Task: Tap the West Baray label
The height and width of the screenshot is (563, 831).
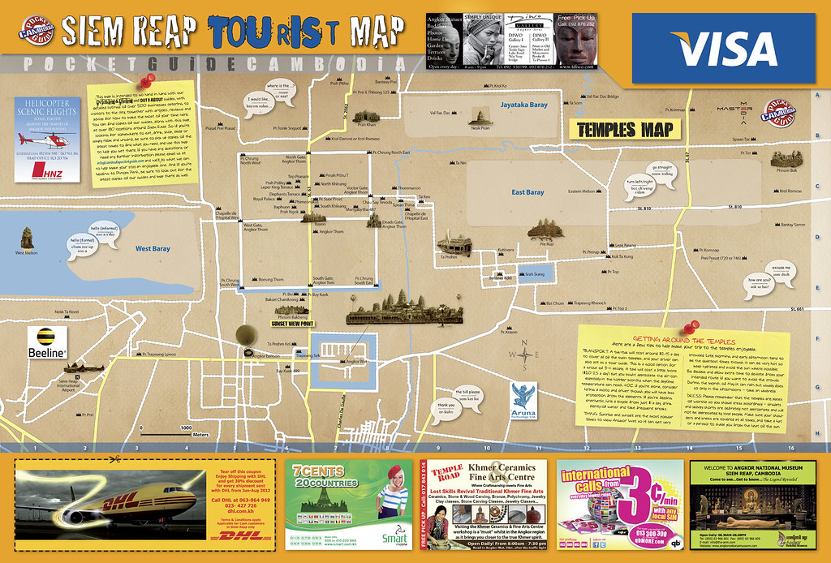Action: coord(153,248)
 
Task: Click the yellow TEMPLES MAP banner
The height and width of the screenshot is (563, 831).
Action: coord(622,129)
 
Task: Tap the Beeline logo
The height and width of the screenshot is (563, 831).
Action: coord(46,345)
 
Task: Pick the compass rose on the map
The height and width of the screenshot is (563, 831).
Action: coord(524,355)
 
